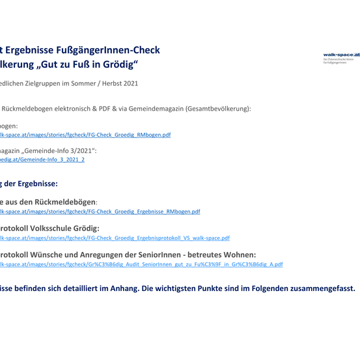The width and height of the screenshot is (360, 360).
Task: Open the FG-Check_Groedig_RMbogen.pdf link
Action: click(85, 135)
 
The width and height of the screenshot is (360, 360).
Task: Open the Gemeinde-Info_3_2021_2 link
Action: click(42, 159)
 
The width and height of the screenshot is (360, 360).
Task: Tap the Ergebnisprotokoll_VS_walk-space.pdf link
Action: click(115, 238)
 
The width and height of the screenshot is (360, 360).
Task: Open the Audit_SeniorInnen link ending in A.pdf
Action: click(141, 264)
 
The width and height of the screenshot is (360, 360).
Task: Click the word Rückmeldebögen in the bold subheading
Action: click(64, 202)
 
